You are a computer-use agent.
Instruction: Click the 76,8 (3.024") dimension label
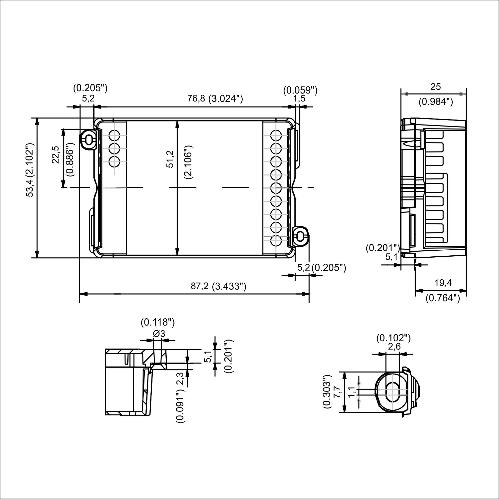coord(215,99)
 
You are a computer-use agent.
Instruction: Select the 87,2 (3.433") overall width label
coord(218,286)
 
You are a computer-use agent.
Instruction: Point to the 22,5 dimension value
coord(56,155)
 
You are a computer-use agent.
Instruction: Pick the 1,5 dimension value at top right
coord(299,99)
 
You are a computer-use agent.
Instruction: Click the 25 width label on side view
coord(435,87)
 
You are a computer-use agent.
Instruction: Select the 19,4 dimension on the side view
coord(443,283)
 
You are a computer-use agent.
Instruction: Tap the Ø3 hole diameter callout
coord(159,333)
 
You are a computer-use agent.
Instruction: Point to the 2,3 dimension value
coord(180,378)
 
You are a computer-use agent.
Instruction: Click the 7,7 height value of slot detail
coord(337,392)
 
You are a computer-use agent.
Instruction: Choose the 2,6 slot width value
coord(394,347)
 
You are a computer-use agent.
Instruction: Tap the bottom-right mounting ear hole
coord(300,237)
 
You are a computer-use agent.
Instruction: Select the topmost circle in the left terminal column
coord(114,136)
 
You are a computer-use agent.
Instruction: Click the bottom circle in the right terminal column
coord(276,241)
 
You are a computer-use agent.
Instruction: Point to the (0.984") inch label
coord(435,102)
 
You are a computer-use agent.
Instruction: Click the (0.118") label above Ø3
coord(157,322)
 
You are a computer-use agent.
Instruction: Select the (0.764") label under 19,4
coord(442,298)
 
